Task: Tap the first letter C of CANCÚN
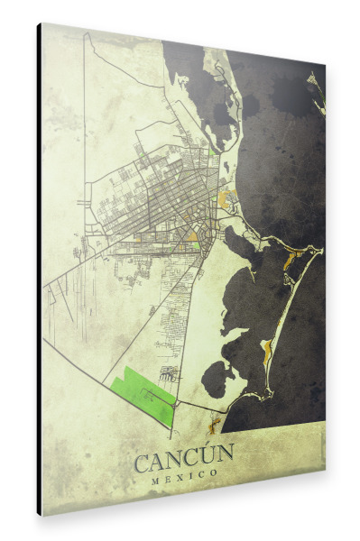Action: point(143,463)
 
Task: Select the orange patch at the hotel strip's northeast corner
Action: point(290,261)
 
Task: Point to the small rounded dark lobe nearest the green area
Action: point(214,380)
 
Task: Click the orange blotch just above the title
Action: point(214,418)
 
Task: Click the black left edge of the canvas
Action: point(39,270)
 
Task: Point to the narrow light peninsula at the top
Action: point(219,90)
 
